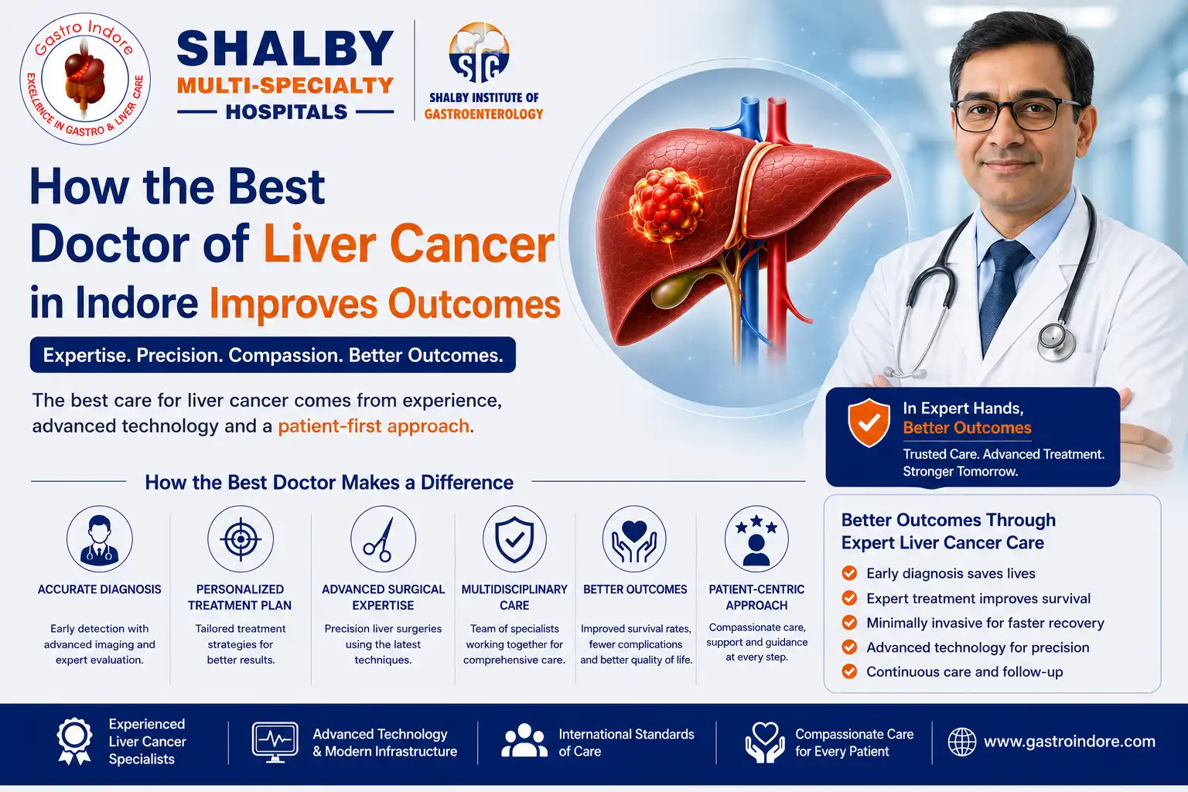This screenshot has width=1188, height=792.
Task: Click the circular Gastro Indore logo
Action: click(x=85, y=79)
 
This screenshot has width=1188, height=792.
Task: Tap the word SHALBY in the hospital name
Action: click(x=285, y=49)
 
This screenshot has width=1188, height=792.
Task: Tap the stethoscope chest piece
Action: click(x=1056, y=340)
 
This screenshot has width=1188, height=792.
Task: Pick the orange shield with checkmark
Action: click(x=869, y=423)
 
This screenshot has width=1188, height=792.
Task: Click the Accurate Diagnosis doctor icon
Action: click(x=99, y=538)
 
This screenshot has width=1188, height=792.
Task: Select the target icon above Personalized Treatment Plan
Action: click(x=241, y=538)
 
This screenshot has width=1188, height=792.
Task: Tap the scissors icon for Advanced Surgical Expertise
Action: click(x=383, y=538)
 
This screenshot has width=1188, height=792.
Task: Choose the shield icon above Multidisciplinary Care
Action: click(x=514, y=538)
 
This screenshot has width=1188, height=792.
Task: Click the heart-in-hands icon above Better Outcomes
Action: click(x=634, y=538)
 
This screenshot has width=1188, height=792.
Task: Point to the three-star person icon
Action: click(x=756, y=538)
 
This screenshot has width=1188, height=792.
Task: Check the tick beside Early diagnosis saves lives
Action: click(x=849, y=573)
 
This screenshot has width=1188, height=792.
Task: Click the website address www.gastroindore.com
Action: click(x=1069, y=741)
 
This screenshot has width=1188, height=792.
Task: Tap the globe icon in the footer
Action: click(x=961, y=741)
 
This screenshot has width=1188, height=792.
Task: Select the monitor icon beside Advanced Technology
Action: click(x=275, y=742)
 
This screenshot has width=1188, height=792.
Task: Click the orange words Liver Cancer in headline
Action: click(x=409, y=244)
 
